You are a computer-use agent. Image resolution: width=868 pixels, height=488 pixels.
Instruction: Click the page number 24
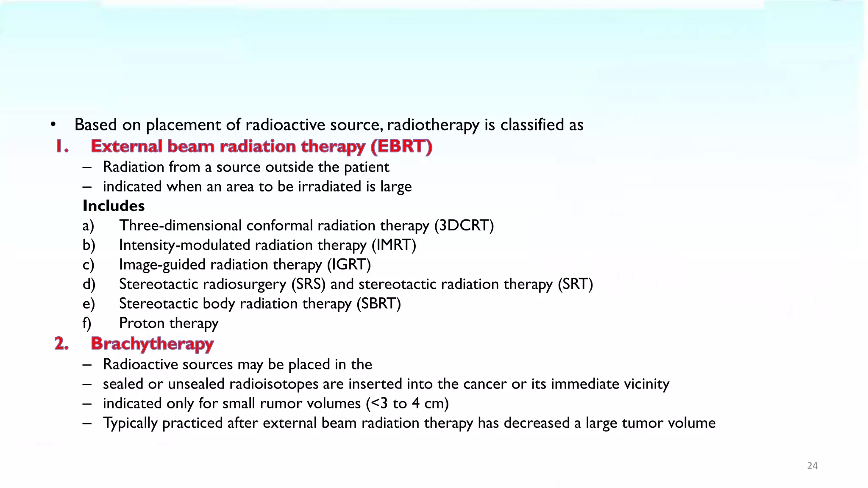(812, 466)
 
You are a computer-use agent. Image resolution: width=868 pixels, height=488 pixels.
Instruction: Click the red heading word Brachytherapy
(152, 344)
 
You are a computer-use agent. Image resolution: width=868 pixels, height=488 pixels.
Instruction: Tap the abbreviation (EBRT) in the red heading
(401, 146)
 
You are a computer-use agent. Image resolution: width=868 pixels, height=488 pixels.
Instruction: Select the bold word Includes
(114, 206)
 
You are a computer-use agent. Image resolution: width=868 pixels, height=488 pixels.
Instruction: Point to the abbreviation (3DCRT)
(464, 225)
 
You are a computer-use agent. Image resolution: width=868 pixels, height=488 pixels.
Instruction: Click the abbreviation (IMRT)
(394, 245)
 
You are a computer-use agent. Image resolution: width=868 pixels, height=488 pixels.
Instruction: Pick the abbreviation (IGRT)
(349, 264)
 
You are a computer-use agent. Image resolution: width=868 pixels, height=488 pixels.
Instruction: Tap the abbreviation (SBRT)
(378, 304)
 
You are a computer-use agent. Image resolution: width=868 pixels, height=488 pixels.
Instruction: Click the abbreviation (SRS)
(308, 284)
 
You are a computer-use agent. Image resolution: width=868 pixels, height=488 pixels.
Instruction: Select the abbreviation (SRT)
(575, 284)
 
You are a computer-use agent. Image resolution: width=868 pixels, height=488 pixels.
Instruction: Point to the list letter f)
(87, 323)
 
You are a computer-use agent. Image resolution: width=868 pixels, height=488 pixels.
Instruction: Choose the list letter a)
(88, 225)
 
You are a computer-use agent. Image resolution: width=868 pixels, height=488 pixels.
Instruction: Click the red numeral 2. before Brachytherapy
(61, 344)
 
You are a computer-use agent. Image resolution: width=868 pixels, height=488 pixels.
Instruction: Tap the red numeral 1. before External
(62, 146)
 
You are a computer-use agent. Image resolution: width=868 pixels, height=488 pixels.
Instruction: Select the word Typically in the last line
(130, 423)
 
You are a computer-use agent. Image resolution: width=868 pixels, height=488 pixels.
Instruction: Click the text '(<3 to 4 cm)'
(407, 403)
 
